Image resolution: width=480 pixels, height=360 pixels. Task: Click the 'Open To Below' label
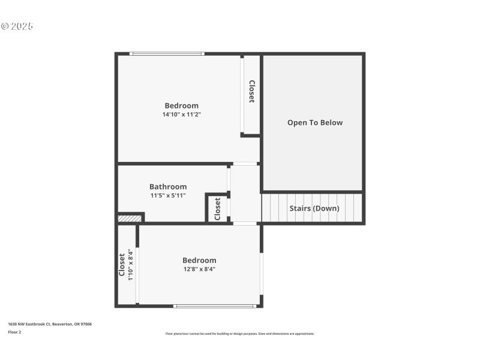[x=314, y=122]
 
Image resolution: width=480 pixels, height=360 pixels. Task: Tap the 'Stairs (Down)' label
[x=314, y=208]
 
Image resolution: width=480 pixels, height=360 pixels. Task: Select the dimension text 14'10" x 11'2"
[x=181, y=114]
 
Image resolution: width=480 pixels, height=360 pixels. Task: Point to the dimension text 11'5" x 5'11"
[x=168, y=195]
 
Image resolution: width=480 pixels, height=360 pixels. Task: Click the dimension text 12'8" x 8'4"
[x=199, y=269]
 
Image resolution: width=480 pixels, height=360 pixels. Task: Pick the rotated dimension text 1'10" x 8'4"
[x=130, y=265]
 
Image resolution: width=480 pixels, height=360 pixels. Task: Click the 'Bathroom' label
[x=168, y=187]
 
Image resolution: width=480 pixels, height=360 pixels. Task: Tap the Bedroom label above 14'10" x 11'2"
[x=181, y=106]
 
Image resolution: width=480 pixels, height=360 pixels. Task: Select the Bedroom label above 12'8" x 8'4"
[x=199, y=260]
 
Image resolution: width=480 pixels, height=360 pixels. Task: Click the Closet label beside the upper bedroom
[x=252, y=91]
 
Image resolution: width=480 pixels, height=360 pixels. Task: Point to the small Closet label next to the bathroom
[x=217, y=209]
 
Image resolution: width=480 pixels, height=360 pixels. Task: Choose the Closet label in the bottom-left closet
[x=122, y=265]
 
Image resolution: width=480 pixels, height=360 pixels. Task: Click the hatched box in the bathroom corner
[x=130, y=218]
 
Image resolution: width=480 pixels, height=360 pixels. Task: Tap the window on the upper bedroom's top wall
[x=167, y=54]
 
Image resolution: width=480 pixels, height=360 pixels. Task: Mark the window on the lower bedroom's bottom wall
[x=215, y=306]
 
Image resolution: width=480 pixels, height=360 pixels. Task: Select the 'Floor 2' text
[x=14, y=332]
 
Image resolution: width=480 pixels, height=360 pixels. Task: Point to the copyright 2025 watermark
[x=17, y=26]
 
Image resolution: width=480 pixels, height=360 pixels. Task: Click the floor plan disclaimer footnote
[x=239, y=334]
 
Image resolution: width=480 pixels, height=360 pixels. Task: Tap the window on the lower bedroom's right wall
[x=261, y=273]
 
